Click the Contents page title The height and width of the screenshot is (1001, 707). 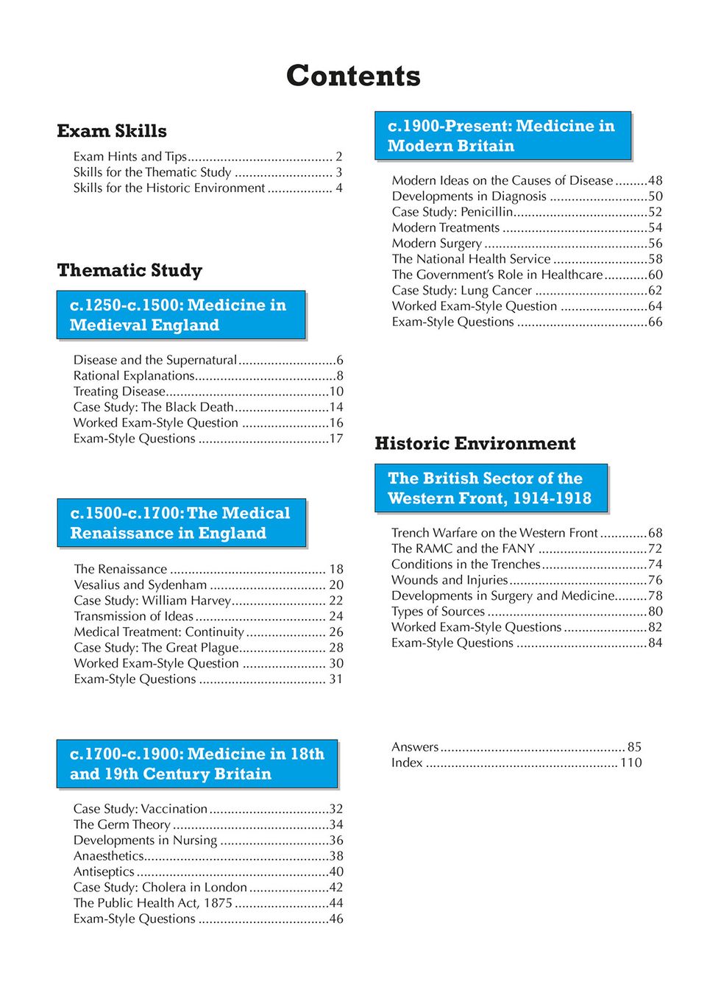point(353,76)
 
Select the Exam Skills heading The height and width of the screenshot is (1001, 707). point(112,131)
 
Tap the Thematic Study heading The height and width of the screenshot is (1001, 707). point(129,270)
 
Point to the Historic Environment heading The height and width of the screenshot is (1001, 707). point(475,443)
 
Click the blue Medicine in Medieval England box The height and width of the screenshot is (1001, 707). point(181,315)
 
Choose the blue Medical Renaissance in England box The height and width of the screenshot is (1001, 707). point(181,523)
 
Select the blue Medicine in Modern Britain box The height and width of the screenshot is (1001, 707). point(502,136)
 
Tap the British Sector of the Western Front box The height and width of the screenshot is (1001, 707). point(491,488)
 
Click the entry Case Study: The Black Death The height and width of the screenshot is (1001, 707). point(153,407)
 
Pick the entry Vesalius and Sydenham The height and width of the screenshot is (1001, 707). point(141,584)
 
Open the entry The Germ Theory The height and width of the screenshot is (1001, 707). point(122,824)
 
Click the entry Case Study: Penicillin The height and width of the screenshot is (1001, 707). point(452,212)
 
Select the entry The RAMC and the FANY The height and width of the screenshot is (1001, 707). point(463,548)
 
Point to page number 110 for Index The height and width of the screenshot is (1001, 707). point(630,763)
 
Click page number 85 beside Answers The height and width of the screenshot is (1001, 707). point(634,746)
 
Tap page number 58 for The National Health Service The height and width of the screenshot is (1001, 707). point(655,259)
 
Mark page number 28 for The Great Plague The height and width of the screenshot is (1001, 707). point(336,648)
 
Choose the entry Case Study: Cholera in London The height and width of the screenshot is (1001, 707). point(160,887)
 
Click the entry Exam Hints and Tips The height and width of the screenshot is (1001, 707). point(130,157)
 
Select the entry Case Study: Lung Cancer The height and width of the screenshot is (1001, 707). point(461,291)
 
